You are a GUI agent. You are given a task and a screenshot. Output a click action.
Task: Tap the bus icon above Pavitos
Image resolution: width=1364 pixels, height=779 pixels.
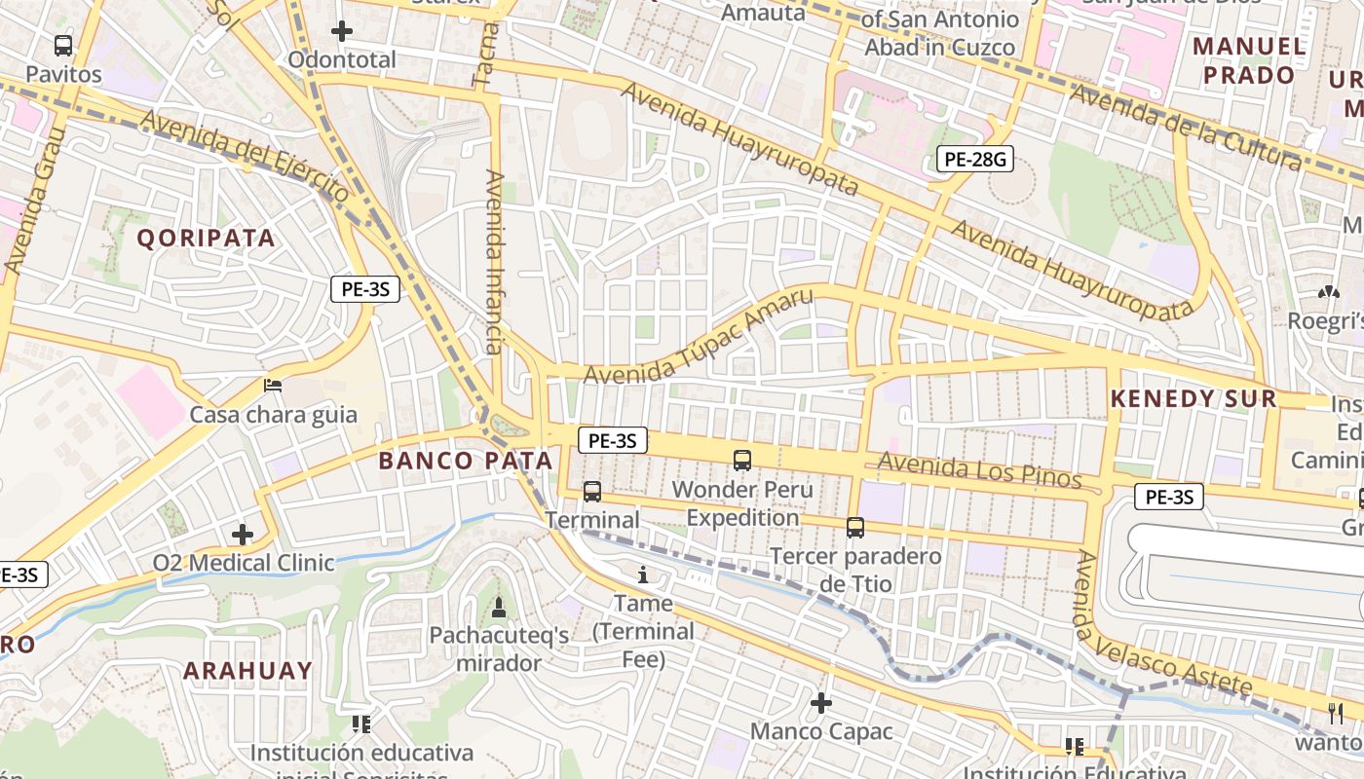click(x=63, y=45)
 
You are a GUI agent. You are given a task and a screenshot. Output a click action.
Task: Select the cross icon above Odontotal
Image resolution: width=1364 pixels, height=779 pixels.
click(x=341, y=31)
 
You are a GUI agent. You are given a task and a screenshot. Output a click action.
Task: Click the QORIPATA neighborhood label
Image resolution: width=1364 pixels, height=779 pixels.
click(x=206, y=239)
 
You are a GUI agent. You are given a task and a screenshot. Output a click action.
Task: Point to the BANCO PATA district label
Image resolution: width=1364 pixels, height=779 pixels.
click(x=466, y=461)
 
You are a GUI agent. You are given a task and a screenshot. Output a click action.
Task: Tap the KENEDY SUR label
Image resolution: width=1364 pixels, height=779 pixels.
click(x=1193, y=398)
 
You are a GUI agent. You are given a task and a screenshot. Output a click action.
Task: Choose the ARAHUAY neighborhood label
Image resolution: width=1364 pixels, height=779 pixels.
click(x=247, y=671)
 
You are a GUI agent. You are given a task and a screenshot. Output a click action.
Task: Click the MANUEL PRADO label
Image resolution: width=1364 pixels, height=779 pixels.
click(x=1249, y=60)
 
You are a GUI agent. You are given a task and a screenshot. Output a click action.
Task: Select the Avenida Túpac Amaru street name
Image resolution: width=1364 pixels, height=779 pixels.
click(x=698, y=336)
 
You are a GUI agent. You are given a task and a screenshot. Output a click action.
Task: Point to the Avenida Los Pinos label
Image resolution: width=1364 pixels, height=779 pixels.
click(x=979, y=470)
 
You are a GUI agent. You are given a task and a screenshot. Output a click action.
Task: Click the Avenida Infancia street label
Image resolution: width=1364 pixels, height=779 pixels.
click(x=495, y=262)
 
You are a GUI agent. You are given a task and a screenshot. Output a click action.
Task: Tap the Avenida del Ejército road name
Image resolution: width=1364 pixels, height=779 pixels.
click(x=244, y=156)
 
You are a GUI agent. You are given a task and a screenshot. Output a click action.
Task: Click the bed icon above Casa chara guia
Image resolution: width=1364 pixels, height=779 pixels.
click(x=273, y=386)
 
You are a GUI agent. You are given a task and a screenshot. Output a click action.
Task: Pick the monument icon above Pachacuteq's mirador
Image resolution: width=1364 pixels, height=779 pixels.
click(x=499, y=608)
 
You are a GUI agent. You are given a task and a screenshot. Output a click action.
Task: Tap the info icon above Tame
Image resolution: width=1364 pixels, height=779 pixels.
click(x=642, y=575)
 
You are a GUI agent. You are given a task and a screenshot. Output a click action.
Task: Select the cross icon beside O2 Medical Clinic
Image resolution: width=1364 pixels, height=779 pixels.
click(x=243, y=535)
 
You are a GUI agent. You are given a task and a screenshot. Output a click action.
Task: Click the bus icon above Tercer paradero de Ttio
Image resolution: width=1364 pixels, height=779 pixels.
click(x=855, y=528)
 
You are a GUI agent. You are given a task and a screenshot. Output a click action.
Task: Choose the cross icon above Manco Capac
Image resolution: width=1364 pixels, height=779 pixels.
click(x=821, y=702)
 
